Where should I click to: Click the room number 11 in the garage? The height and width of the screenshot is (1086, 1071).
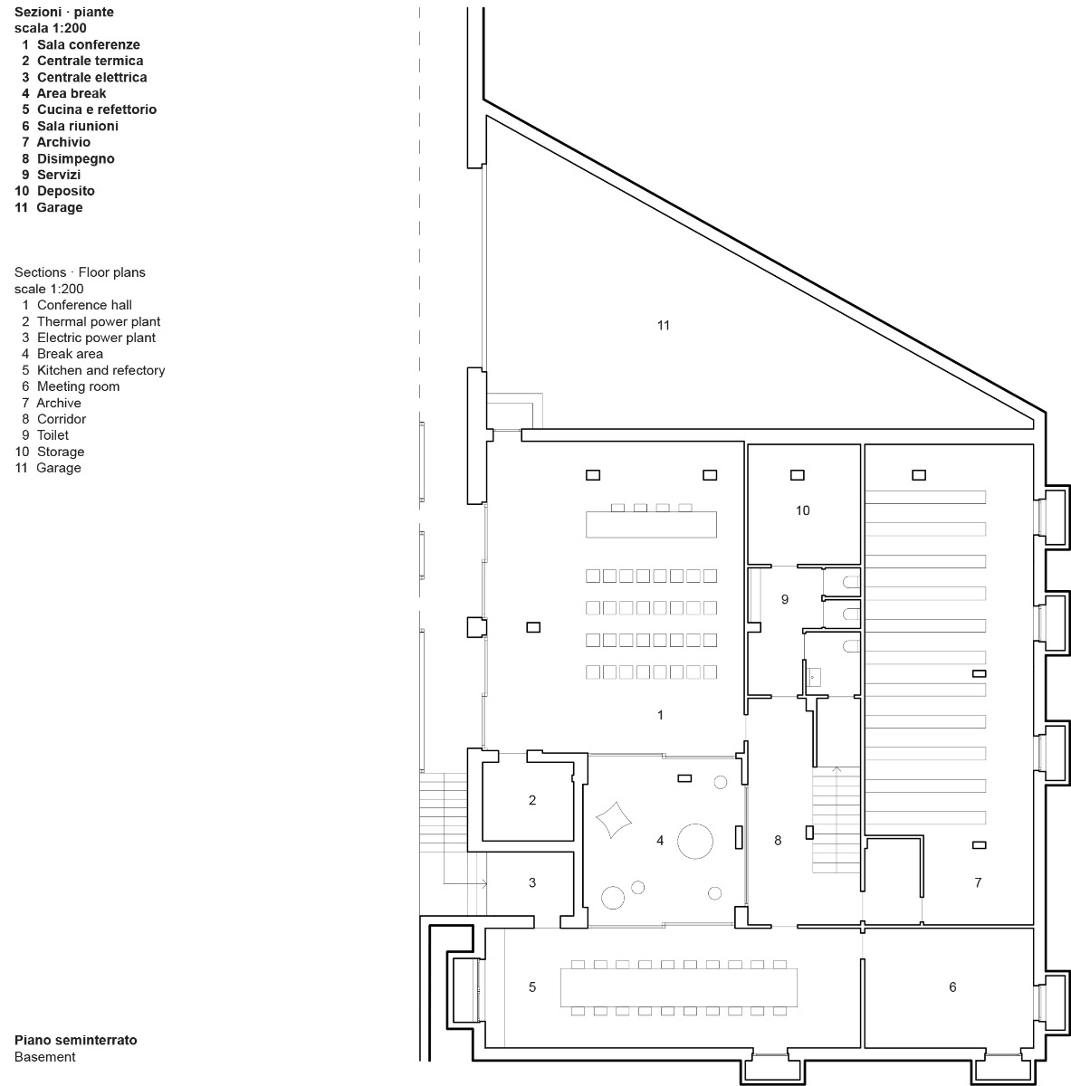point(664,325)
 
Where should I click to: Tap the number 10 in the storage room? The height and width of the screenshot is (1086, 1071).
point(802,510)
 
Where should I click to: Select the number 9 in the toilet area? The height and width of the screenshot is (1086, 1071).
point(785,599)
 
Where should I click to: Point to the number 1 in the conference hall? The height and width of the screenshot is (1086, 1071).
point(660,715)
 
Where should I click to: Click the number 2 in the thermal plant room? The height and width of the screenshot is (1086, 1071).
point(532,800)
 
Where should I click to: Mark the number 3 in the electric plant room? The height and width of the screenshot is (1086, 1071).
point(532,882)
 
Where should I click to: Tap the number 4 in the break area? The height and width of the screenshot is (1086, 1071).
point(660,841)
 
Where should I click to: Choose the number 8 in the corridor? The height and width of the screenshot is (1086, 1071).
point(778,841)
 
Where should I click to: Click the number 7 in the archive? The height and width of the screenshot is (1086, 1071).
point(978,882)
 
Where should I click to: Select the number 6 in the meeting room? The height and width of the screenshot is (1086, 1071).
point(952,987)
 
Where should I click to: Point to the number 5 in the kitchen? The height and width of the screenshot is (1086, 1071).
point(532,987)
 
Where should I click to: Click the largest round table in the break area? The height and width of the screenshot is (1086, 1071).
point(698,840)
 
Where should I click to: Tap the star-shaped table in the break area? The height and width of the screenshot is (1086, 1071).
point(613,820)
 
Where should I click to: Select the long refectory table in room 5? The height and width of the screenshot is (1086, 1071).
point(680,987)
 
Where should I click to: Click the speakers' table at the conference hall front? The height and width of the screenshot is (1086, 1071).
point(651,524)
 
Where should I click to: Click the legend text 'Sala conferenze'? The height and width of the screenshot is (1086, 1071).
point(88,44)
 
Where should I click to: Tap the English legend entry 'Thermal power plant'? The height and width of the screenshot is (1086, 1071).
point(99,321)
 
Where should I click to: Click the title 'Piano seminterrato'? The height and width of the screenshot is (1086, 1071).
point(76,1040)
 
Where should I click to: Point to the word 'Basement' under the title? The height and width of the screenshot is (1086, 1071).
point(45,1056)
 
